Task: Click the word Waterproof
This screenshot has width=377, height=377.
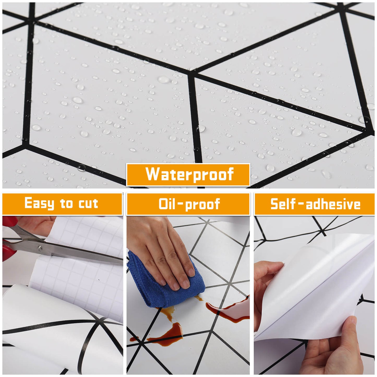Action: point(189,174)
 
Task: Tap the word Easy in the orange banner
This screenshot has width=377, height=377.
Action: point(39,204)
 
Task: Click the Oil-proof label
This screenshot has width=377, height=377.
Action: point(189,204)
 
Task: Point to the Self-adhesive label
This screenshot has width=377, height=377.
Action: point(315,204)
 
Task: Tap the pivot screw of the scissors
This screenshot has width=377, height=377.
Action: point(40,248)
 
